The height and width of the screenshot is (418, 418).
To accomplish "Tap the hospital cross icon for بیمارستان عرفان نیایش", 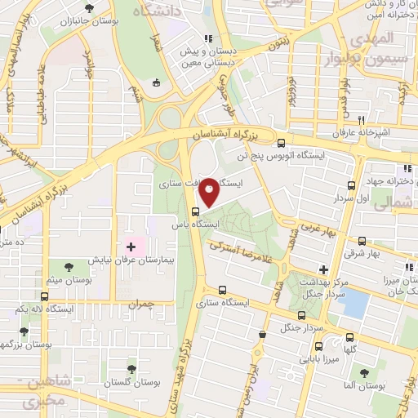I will [131, 246].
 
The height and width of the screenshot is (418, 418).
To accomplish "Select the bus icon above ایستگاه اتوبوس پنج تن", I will [282, 142].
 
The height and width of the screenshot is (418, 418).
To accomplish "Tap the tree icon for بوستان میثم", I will [68, 267].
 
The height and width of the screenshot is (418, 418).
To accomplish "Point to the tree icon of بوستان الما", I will [364, 372].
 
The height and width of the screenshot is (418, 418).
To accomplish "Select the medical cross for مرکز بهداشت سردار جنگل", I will [324, 269].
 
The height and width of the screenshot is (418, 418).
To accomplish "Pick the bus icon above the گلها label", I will [350, 337].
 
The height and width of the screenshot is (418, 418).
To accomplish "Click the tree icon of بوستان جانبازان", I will [88, 9].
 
